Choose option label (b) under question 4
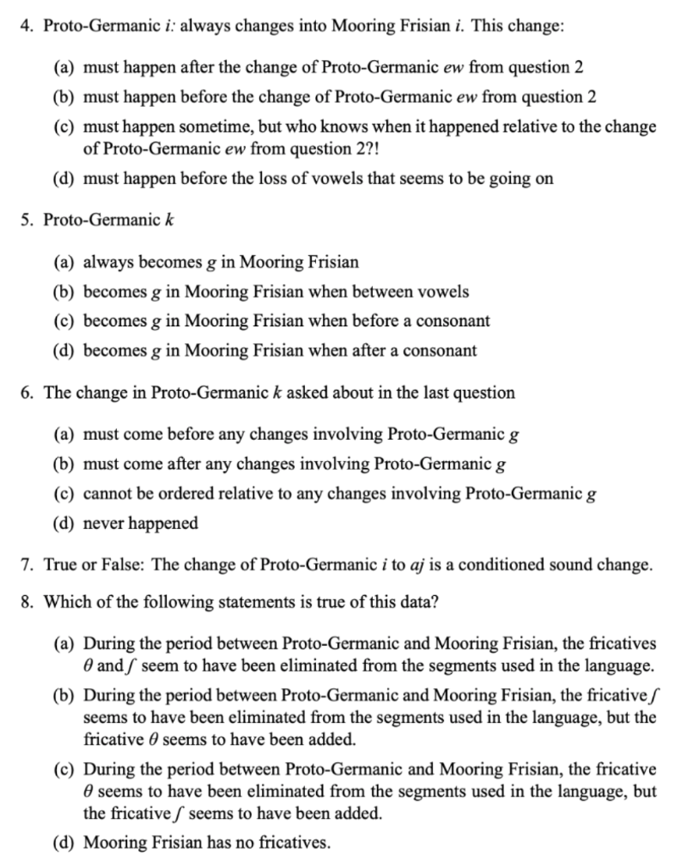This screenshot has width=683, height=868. (68, 96)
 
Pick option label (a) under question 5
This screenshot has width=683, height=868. (68, 262)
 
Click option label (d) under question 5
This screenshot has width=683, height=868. (68, 349)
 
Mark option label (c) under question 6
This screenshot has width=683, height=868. (68, 494)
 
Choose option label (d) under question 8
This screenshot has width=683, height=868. (68, 843)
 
